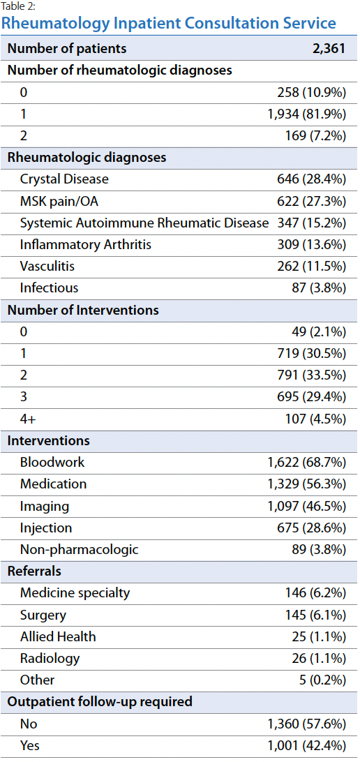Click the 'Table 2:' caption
[x=18, y=6]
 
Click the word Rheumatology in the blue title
[x=55, y=23]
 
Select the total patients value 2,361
[x=329, y=49]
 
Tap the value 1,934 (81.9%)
[x=306, y=114]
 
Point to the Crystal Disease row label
[x=64, y=179]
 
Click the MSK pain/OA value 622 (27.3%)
[x=311, y=201]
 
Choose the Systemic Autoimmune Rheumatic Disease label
[x=144, y=223]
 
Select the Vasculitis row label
[x=47, y=267]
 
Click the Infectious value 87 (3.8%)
[x=318, y=288]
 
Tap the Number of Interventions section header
[x=83, y=310]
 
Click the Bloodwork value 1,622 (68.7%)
[x=306, y=462]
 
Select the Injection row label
[x=45, y=528]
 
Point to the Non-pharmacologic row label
[x=80, y=550]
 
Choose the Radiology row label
[x=50, y=659]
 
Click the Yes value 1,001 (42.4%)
[x=306, y=745]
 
